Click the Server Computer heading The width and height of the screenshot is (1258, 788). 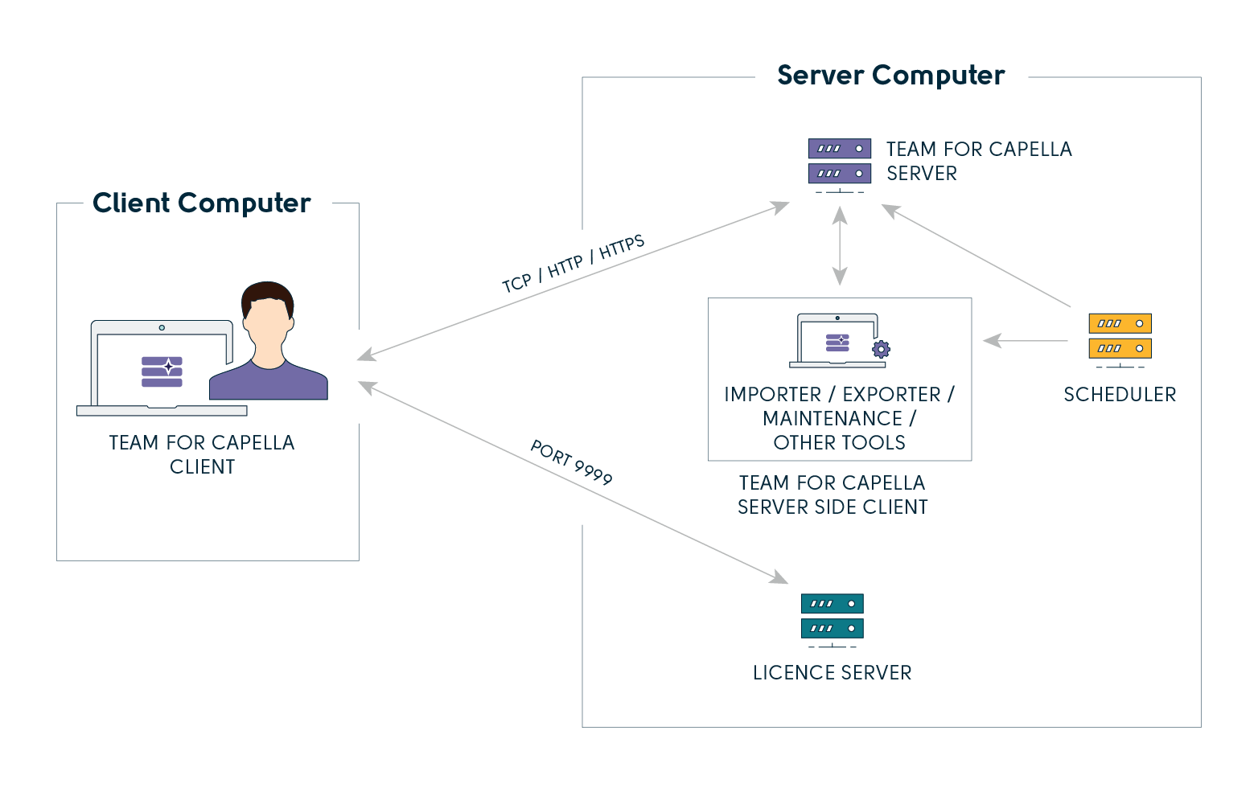890,76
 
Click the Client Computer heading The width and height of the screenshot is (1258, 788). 201,203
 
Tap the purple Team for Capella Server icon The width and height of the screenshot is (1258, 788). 840,162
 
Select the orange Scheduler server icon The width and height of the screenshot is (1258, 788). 1120,336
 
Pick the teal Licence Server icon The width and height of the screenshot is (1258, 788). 832,617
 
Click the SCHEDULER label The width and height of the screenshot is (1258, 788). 1120,394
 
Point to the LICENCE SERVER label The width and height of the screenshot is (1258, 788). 832,673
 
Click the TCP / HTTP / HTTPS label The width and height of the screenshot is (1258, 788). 573,264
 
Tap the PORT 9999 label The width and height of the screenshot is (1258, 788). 571,463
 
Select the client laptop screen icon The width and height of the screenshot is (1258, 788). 162,370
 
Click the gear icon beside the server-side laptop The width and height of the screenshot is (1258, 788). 881,349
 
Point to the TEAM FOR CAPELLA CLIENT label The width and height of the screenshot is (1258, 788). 202,454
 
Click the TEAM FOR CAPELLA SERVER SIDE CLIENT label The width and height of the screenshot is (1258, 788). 832,495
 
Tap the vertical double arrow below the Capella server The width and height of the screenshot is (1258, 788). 840,246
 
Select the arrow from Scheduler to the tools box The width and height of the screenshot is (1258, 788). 1026,341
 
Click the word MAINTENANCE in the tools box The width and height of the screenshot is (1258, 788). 832,418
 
